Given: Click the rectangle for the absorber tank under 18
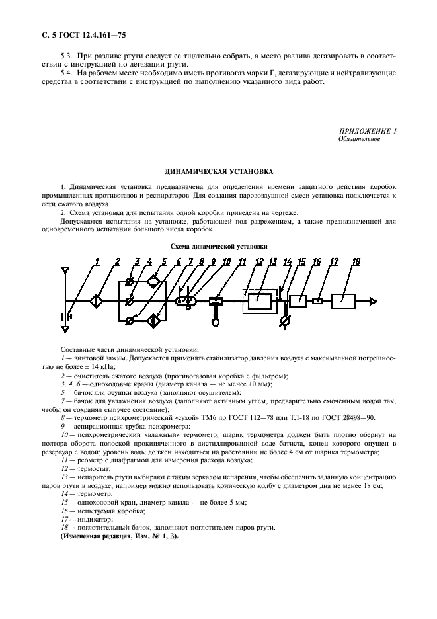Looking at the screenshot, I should point(347,300).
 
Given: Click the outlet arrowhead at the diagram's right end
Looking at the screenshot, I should point(374,300).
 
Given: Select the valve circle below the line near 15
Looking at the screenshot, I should point(284,321).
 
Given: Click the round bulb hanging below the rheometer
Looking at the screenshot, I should point(216,322).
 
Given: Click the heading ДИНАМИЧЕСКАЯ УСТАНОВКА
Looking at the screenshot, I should point(218,172).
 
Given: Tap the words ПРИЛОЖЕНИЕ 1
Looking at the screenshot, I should point(368,132).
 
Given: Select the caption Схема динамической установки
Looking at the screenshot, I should point(218,247).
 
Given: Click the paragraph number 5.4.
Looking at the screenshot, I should point(67,72).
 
